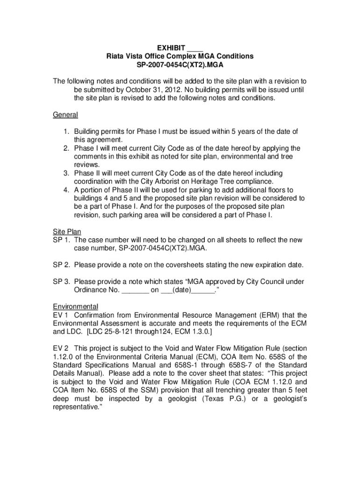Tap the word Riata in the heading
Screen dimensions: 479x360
pos(115,56)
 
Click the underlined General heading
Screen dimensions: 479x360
pos(65,115)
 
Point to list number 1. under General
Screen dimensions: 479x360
pos(67,131)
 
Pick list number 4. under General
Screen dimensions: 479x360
pos(67,190)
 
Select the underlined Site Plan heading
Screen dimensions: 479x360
pos(67,232)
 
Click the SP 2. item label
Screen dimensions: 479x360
pos(61,265)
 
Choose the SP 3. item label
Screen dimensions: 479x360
pos(61,282)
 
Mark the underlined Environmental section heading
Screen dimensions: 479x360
pos(75,306)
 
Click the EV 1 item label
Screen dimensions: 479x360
pos(60,315)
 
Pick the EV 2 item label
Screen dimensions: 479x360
pos(61,348)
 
